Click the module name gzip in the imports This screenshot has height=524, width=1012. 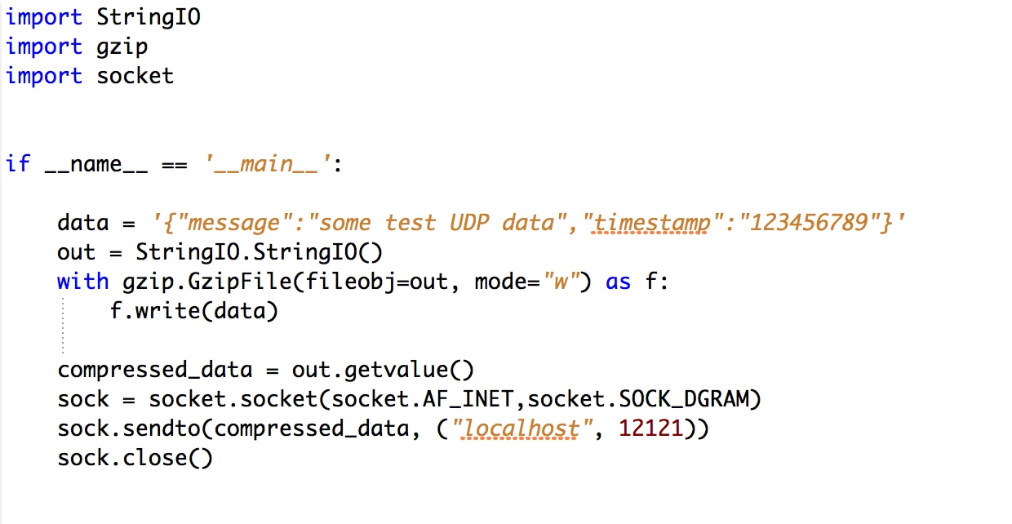[122, 47]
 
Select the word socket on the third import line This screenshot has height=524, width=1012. [135, 76]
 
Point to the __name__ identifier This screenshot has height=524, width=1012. [96, 163]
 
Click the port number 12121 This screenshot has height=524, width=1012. [650, 428]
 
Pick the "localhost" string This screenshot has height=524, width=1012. [526, 428]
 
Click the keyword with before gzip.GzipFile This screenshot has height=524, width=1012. [82, 282]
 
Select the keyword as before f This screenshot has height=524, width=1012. [618, 282]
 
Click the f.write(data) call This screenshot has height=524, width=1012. [193, 311]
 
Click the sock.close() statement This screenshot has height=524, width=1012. [135, 458]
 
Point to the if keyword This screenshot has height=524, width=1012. [18, 163]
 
